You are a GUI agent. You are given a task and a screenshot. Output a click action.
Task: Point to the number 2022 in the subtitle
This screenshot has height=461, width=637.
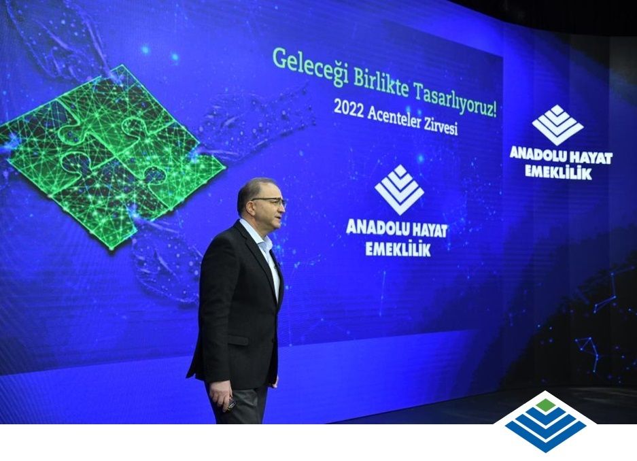[348, 108]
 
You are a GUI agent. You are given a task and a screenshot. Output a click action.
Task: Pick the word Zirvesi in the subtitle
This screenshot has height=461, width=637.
[441, 127]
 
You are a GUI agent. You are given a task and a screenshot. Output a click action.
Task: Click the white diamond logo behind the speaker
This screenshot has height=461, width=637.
[399, 190]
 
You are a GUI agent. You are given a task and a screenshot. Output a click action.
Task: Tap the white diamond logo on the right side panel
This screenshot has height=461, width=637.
[557, 125]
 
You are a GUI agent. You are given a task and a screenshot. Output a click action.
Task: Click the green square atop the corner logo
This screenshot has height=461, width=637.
[546, 405]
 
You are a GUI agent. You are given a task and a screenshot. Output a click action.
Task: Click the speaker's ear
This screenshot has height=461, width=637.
[247, 206]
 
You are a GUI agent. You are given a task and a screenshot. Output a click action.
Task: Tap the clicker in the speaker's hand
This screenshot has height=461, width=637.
[231, 404]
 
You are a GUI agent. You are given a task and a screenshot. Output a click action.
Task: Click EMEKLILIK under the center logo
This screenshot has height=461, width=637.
[398, 249]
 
